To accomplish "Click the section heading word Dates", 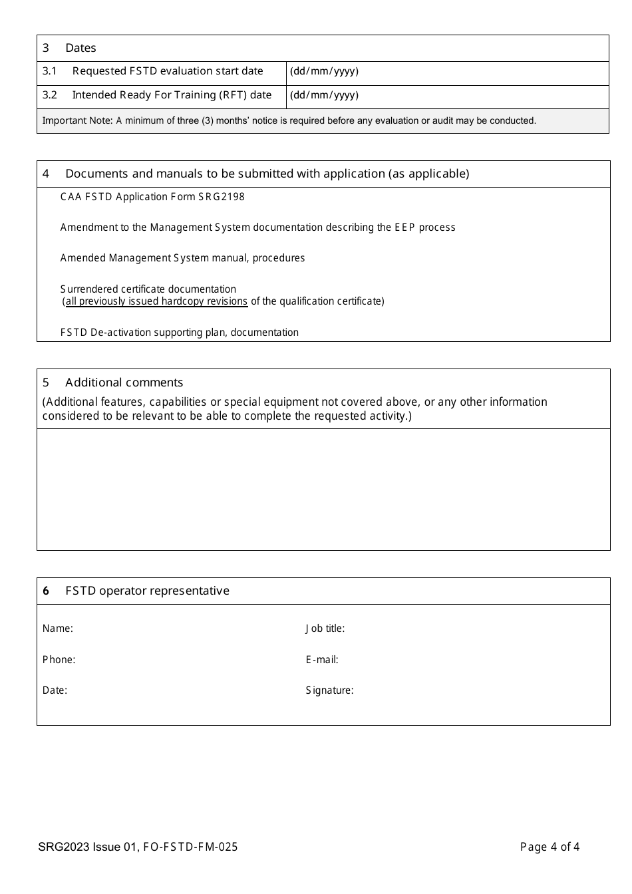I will click(80, 48).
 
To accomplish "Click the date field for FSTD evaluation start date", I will click(447, 72).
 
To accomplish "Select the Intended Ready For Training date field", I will click(447, 96).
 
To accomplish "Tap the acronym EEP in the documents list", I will click(404, 227).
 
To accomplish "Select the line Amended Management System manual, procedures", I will click(182, 258).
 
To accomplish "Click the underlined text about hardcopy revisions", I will click(156, 301).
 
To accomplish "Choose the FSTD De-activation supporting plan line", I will click(179, 333).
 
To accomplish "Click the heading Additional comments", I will click(124, 382).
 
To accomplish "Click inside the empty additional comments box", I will click(323, 489).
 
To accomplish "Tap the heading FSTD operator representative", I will click(147, 591).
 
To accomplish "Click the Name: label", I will click(58, 629).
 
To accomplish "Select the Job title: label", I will click(325, 629).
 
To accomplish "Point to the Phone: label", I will click(59, 660).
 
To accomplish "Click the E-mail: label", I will click(322, 660).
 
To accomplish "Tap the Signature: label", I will click(329, 690).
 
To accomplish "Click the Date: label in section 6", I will click(55, 690).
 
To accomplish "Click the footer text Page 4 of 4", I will click(550, 847).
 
